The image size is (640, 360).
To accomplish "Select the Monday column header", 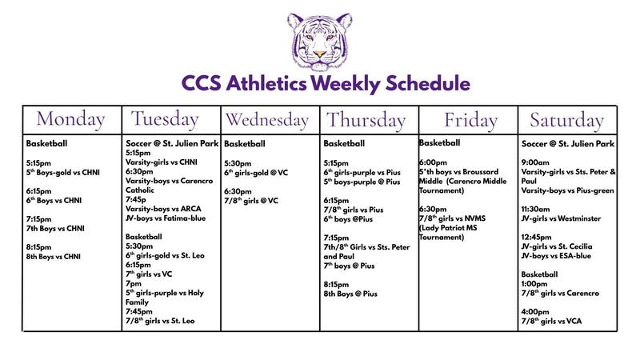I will tap(72, 119).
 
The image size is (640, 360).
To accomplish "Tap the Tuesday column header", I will tap(170, 119).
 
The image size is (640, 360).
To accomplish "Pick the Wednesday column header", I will tap(270, 120).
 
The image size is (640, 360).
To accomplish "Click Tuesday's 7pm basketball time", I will tap(134, 283).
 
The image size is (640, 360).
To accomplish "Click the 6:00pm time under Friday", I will tap(435, 161).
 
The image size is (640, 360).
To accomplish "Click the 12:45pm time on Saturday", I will tap(538, 238).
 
